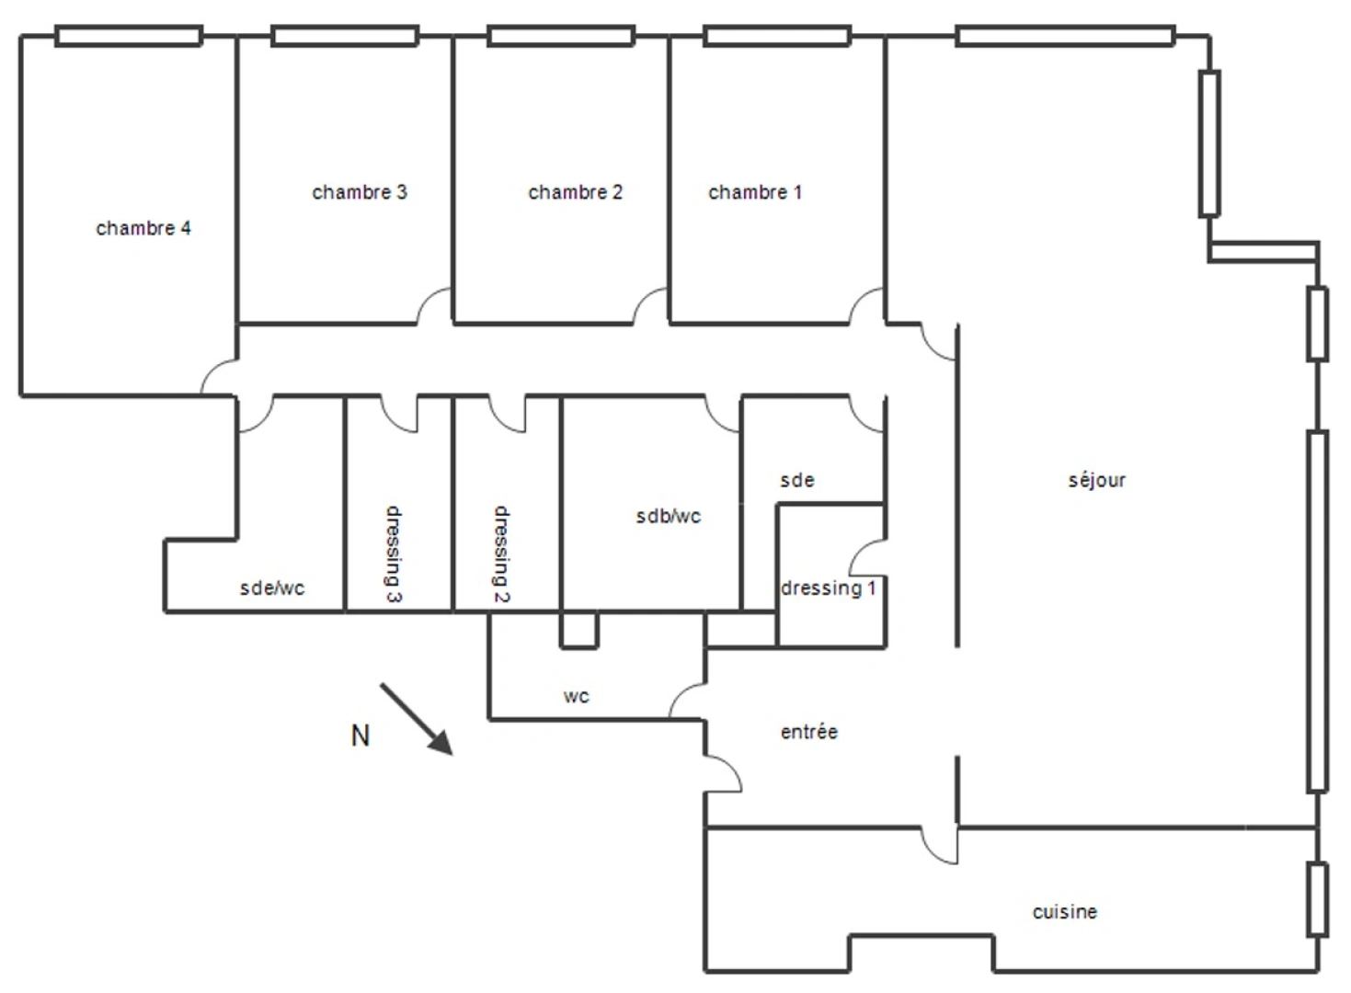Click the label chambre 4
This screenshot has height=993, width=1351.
coord(143,228)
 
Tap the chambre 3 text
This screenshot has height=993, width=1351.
coord(360,192)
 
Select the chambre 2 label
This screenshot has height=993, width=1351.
coord(575,192)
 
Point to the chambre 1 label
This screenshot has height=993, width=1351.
coord(755,192)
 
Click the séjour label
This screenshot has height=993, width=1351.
coord(1096,480)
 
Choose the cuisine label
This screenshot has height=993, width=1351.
coord(1064,912)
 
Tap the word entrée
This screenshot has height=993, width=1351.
coord(808,732)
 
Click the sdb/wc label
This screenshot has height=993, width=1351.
coord(668,517)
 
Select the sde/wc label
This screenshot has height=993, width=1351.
coord(271,588)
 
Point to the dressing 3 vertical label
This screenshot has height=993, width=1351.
coord(393,554)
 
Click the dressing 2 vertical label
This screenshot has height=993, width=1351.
coord(501,554)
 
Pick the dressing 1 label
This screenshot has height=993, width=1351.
coord(828,588)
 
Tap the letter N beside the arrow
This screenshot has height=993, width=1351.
coord(361,736)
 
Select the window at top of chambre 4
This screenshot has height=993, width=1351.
coord(128,37)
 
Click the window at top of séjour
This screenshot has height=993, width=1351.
coord(1065,37)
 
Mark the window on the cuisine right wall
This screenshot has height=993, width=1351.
coord(1317,899)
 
